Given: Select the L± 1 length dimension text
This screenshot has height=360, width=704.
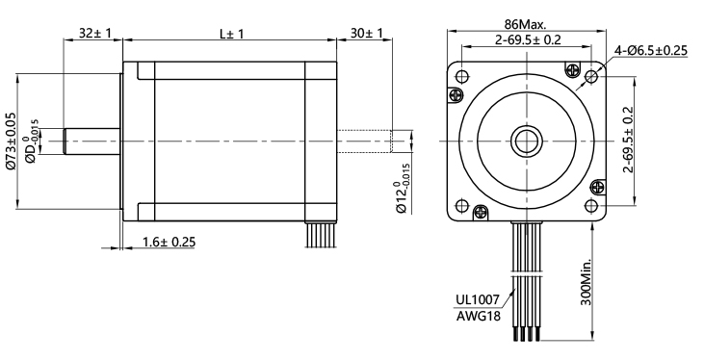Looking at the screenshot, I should pos(231,33).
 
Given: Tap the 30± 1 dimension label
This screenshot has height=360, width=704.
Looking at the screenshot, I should pos(365,33).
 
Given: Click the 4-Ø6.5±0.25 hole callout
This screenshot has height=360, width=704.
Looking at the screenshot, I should pos(650,51).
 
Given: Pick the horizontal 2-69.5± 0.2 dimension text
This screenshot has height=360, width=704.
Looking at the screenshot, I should pos(528,39).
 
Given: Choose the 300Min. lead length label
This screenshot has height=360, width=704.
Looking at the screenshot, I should pos(587,280).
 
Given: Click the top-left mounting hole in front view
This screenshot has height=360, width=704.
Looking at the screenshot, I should pos(462,76).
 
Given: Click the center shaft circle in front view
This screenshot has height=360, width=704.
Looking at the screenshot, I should pos(528,141).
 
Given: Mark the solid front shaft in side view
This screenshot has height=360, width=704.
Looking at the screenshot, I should pos(92,141).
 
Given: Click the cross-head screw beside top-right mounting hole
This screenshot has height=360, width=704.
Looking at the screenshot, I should pos(575,70).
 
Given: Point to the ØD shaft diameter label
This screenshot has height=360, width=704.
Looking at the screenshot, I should pos(33,141).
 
